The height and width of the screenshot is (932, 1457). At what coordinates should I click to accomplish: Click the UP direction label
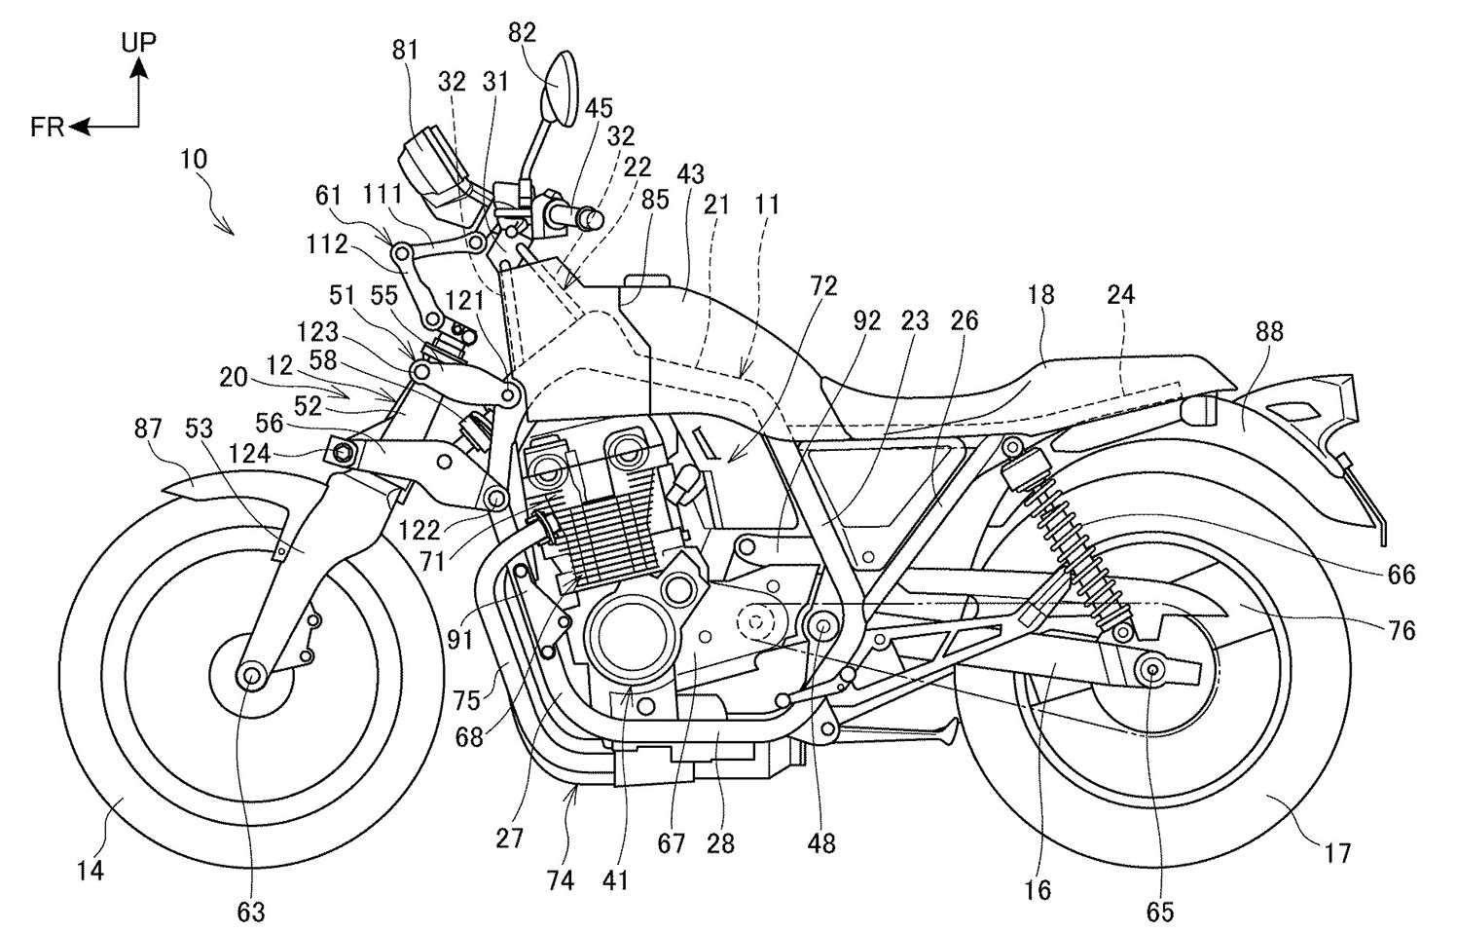(139, 41)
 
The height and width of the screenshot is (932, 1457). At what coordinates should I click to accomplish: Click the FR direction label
(47, 128)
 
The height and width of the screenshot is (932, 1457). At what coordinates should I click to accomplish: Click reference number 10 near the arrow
(194, 159)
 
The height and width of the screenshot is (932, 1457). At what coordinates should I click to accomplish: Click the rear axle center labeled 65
(1151, 668)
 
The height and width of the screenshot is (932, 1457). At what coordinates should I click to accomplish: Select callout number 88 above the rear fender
(1268, 333)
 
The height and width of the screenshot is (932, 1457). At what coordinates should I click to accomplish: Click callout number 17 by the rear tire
(1337, 854)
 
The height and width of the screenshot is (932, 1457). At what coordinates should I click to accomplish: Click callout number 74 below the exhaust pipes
(560, 881)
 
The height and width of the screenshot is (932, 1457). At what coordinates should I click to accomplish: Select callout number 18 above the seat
(1040, 295)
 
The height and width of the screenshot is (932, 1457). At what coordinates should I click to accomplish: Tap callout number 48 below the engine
(821, 842)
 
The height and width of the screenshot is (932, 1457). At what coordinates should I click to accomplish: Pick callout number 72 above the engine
(822, 286)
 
